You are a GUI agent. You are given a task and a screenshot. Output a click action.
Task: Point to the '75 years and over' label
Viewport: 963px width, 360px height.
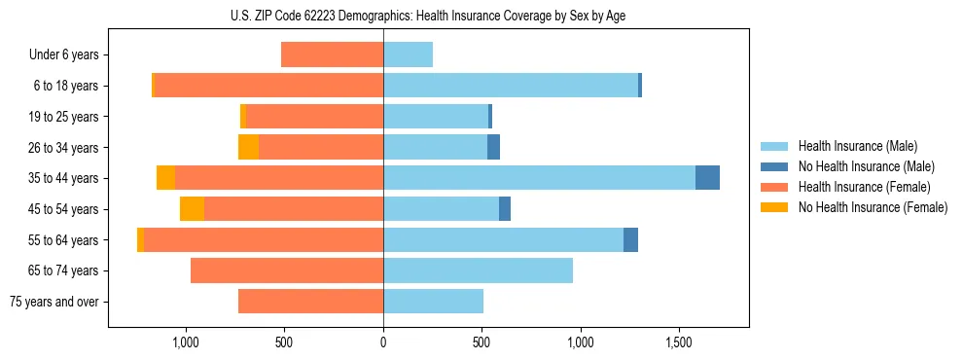tap(54, 302)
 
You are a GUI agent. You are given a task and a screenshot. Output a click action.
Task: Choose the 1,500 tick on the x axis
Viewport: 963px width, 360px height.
tap(680, 342)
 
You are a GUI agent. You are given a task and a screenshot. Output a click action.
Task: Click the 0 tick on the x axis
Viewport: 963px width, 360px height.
tap(383, 342)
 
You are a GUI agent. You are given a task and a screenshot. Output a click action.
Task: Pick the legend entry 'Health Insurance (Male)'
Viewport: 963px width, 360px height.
tap(857, 146)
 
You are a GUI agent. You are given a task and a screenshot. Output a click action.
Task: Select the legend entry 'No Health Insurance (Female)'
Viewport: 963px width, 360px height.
tap(873, 207)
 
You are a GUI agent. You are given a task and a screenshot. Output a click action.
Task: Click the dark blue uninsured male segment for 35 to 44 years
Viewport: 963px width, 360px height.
tap(707, 178)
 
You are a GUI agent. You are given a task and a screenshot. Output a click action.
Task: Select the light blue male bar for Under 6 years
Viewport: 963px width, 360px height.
tap(408, 54)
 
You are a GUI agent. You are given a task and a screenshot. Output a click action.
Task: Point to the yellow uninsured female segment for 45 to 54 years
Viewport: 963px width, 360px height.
tap(192, 209)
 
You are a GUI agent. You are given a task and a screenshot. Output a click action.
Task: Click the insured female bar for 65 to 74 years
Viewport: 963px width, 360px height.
tap(287, 270)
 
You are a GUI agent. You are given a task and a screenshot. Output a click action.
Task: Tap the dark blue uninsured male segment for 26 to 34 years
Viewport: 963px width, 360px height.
tap(493, 147)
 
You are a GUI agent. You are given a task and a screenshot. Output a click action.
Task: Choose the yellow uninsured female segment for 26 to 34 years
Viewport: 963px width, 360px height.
tap(248, 147)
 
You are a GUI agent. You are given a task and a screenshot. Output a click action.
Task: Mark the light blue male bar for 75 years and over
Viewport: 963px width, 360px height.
tap(433, 302)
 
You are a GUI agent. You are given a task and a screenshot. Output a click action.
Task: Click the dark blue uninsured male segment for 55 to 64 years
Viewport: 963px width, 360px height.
tap(630, 239)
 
